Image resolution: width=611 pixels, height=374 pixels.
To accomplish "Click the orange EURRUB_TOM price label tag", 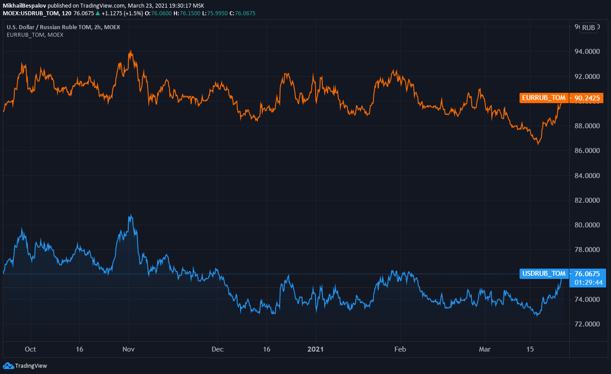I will point(544,98).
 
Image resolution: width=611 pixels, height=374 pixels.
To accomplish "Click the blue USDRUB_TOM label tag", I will point(544,274).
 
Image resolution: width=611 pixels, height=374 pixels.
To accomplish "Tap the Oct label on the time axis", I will point(31,350).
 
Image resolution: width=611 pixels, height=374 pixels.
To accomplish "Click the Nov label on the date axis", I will point(128,350).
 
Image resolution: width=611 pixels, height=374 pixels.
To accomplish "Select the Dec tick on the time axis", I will point(217,350).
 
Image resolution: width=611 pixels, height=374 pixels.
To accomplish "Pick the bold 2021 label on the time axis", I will point(316,350).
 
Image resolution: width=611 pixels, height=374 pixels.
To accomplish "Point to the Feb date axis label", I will point(401,350).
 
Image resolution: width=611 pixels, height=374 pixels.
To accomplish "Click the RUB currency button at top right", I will point(589,27).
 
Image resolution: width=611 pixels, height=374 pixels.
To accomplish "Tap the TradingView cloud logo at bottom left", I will point(8,365).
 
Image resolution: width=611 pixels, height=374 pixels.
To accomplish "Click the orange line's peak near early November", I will point(131,51).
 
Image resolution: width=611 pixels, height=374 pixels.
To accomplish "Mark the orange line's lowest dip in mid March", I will point(538,144).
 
